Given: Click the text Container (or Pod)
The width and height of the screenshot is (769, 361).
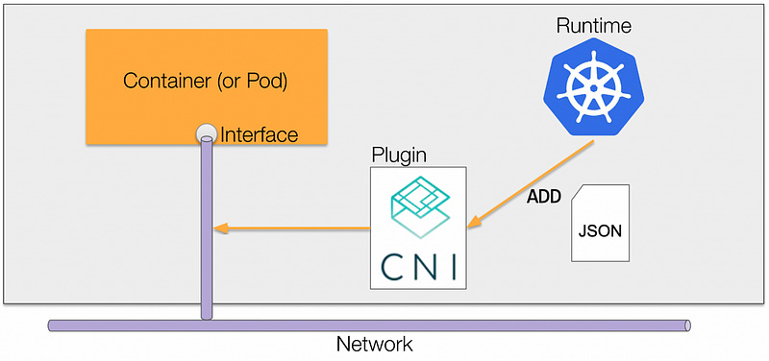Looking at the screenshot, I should (207, 79).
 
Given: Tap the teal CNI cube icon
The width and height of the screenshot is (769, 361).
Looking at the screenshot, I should (418, 205).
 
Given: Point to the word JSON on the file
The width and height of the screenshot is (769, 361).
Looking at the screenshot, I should (600, 231).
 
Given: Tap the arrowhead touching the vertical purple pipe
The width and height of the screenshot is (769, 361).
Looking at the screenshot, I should (220, 229).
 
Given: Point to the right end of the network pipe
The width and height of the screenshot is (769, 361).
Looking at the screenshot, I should (684, 326).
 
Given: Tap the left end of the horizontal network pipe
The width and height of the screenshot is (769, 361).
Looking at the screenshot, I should (52, 326).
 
